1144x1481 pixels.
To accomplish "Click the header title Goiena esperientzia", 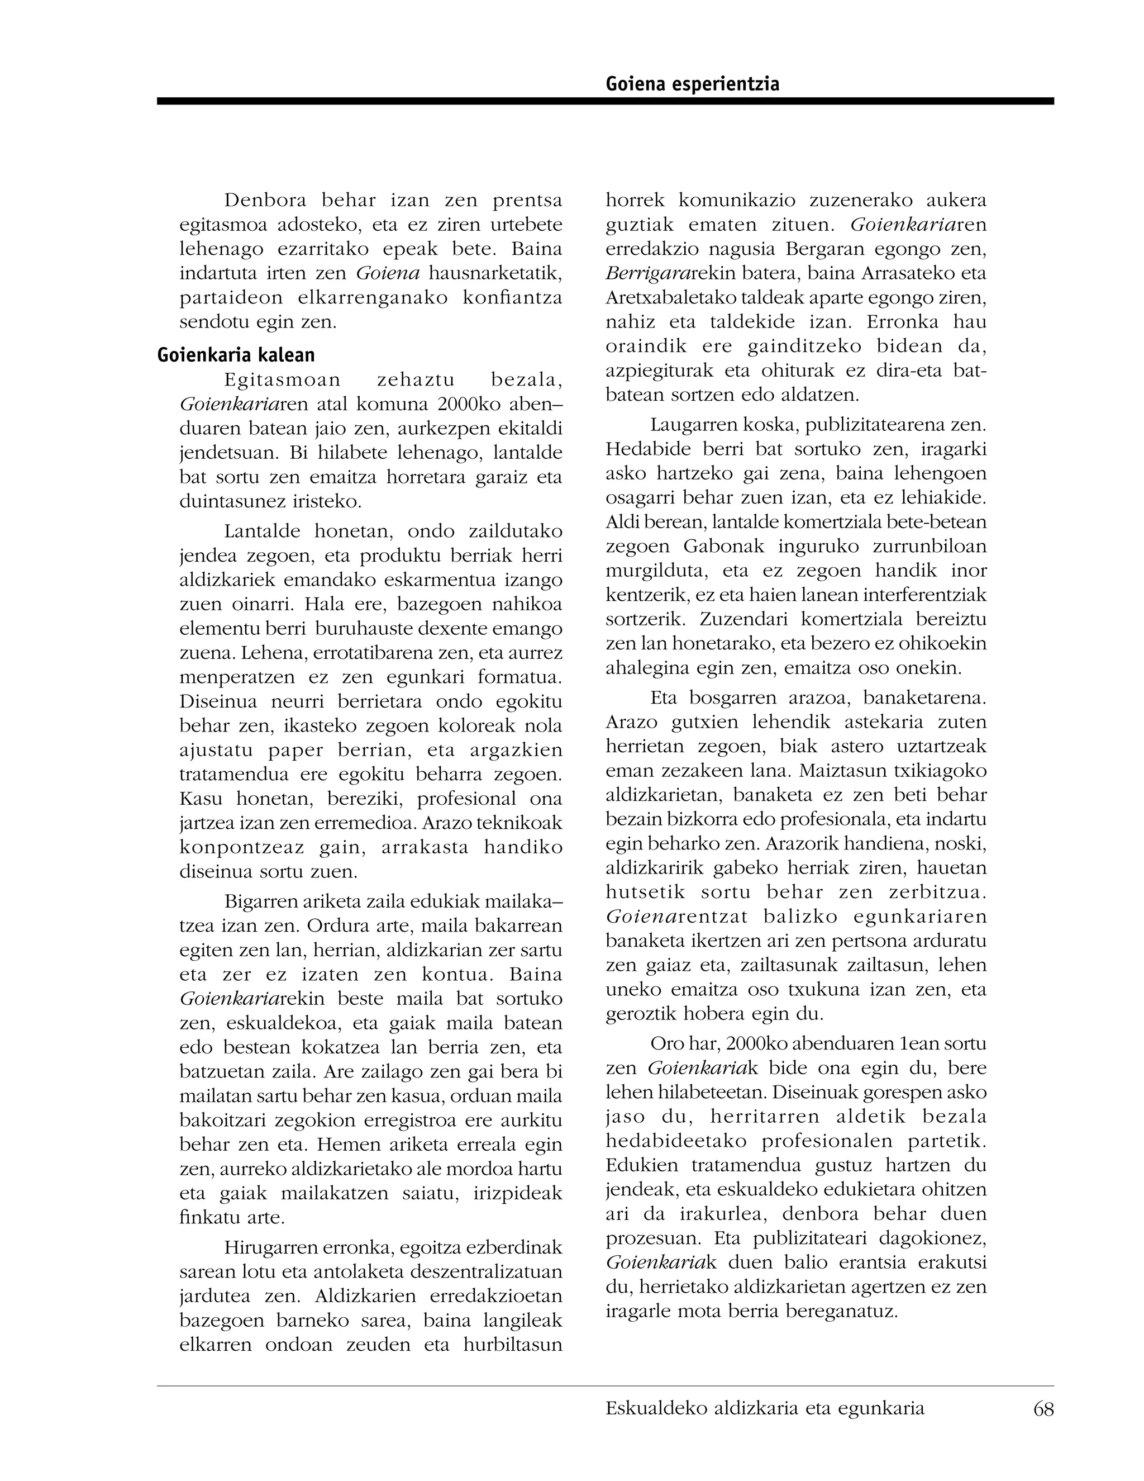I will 692,84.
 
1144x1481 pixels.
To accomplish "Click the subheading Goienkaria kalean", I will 236,355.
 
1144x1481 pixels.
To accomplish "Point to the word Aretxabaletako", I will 664,298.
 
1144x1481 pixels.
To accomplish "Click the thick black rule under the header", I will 604,101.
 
